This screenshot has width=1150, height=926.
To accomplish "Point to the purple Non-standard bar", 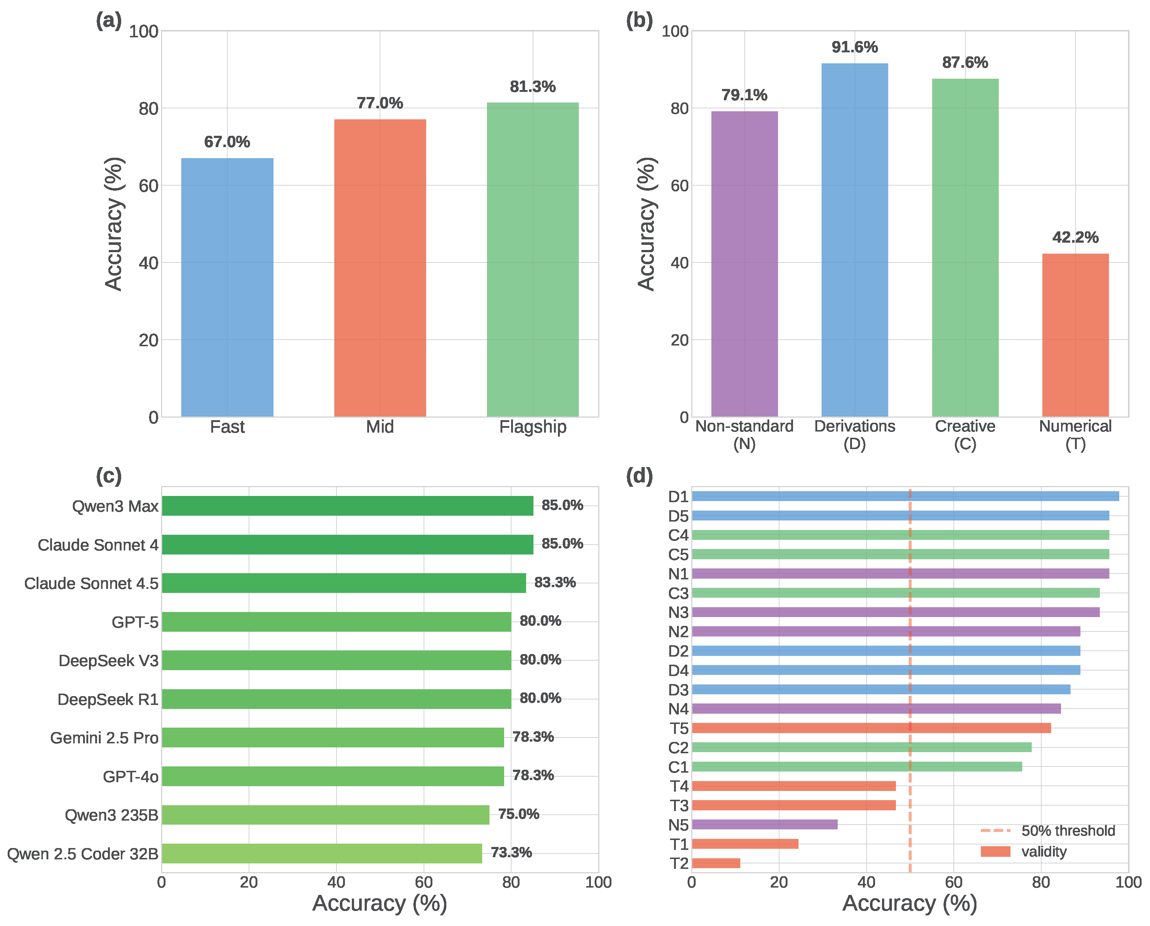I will (x=744, y=264).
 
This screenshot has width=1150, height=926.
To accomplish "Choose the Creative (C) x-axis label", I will (x=964, y=435).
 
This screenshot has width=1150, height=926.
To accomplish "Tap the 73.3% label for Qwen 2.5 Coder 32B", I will (x=511, y=852).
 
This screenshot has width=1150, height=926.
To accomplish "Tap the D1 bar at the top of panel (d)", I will (x=905, y=496).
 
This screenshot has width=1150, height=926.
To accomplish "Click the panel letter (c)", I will (x=108, y=475).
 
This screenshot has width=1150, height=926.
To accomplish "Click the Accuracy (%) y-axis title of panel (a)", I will (x=113, y=224).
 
